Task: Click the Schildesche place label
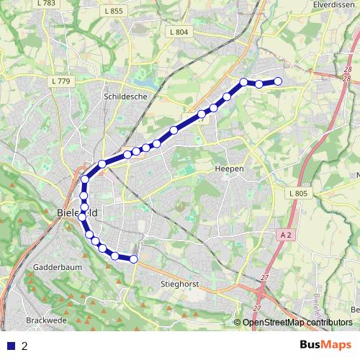(125, 95)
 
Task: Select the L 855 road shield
(114, 12)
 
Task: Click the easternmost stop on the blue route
(278, 81)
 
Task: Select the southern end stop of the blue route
(133, 259)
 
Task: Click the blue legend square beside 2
(11, 346)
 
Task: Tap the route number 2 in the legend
(25, 346)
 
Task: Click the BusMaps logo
(325, 345)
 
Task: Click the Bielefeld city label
(77, 213)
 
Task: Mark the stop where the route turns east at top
(244, 81)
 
